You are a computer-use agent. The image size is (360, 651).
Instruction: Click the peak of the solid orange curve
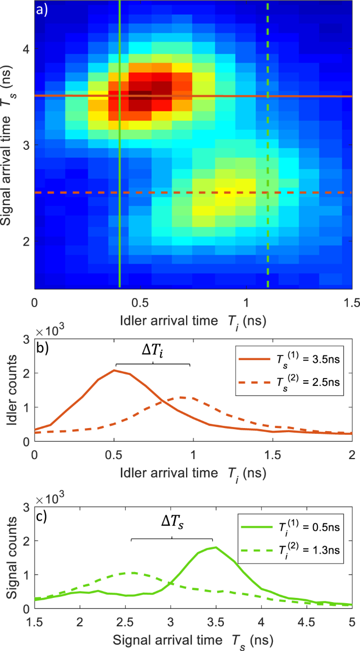click(114, 370)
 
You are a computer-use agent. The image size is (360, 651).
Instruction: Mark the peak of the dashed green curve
click(133, 573)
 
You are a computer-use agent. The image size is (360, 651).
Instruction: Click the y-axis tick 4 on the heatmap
click(26, 49)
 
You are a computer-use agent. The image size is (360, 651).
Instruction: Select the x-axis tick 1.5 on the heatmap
click(351, 304)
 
